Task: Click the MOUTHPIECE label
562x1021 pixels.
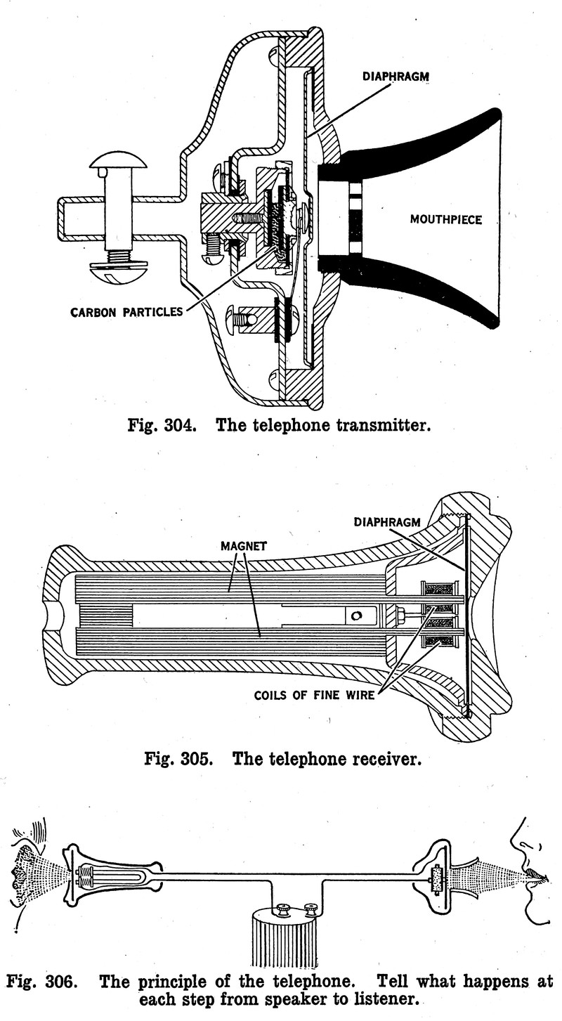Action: click(x=446, y=220)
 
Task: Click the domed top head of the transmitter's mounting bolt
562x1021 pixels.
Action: click(x=118, y=161)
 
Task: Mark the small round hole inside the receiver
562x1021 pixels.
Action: click(x=357, y=616)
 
